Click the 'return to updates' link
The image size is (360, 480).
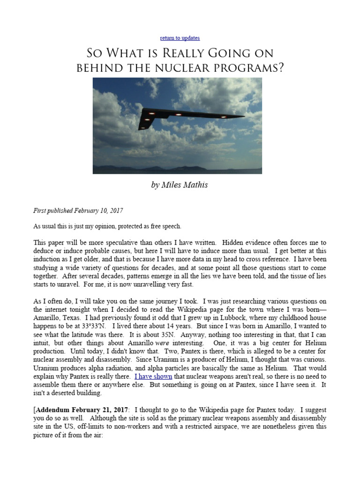180,38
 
